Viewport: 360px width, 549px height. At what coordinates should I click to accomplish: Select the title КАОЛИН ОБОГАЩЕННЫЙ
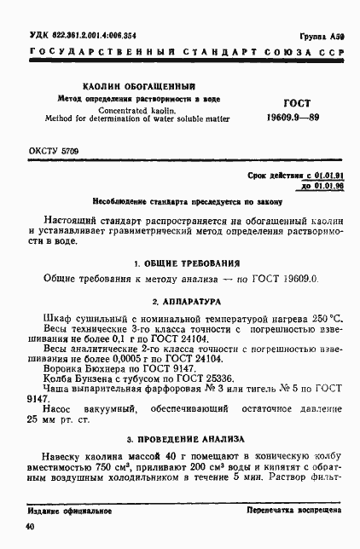(x=138, y=87)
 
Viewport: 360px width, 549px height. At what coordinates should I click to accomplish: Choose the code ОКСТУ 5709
(x=54, y=151)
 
